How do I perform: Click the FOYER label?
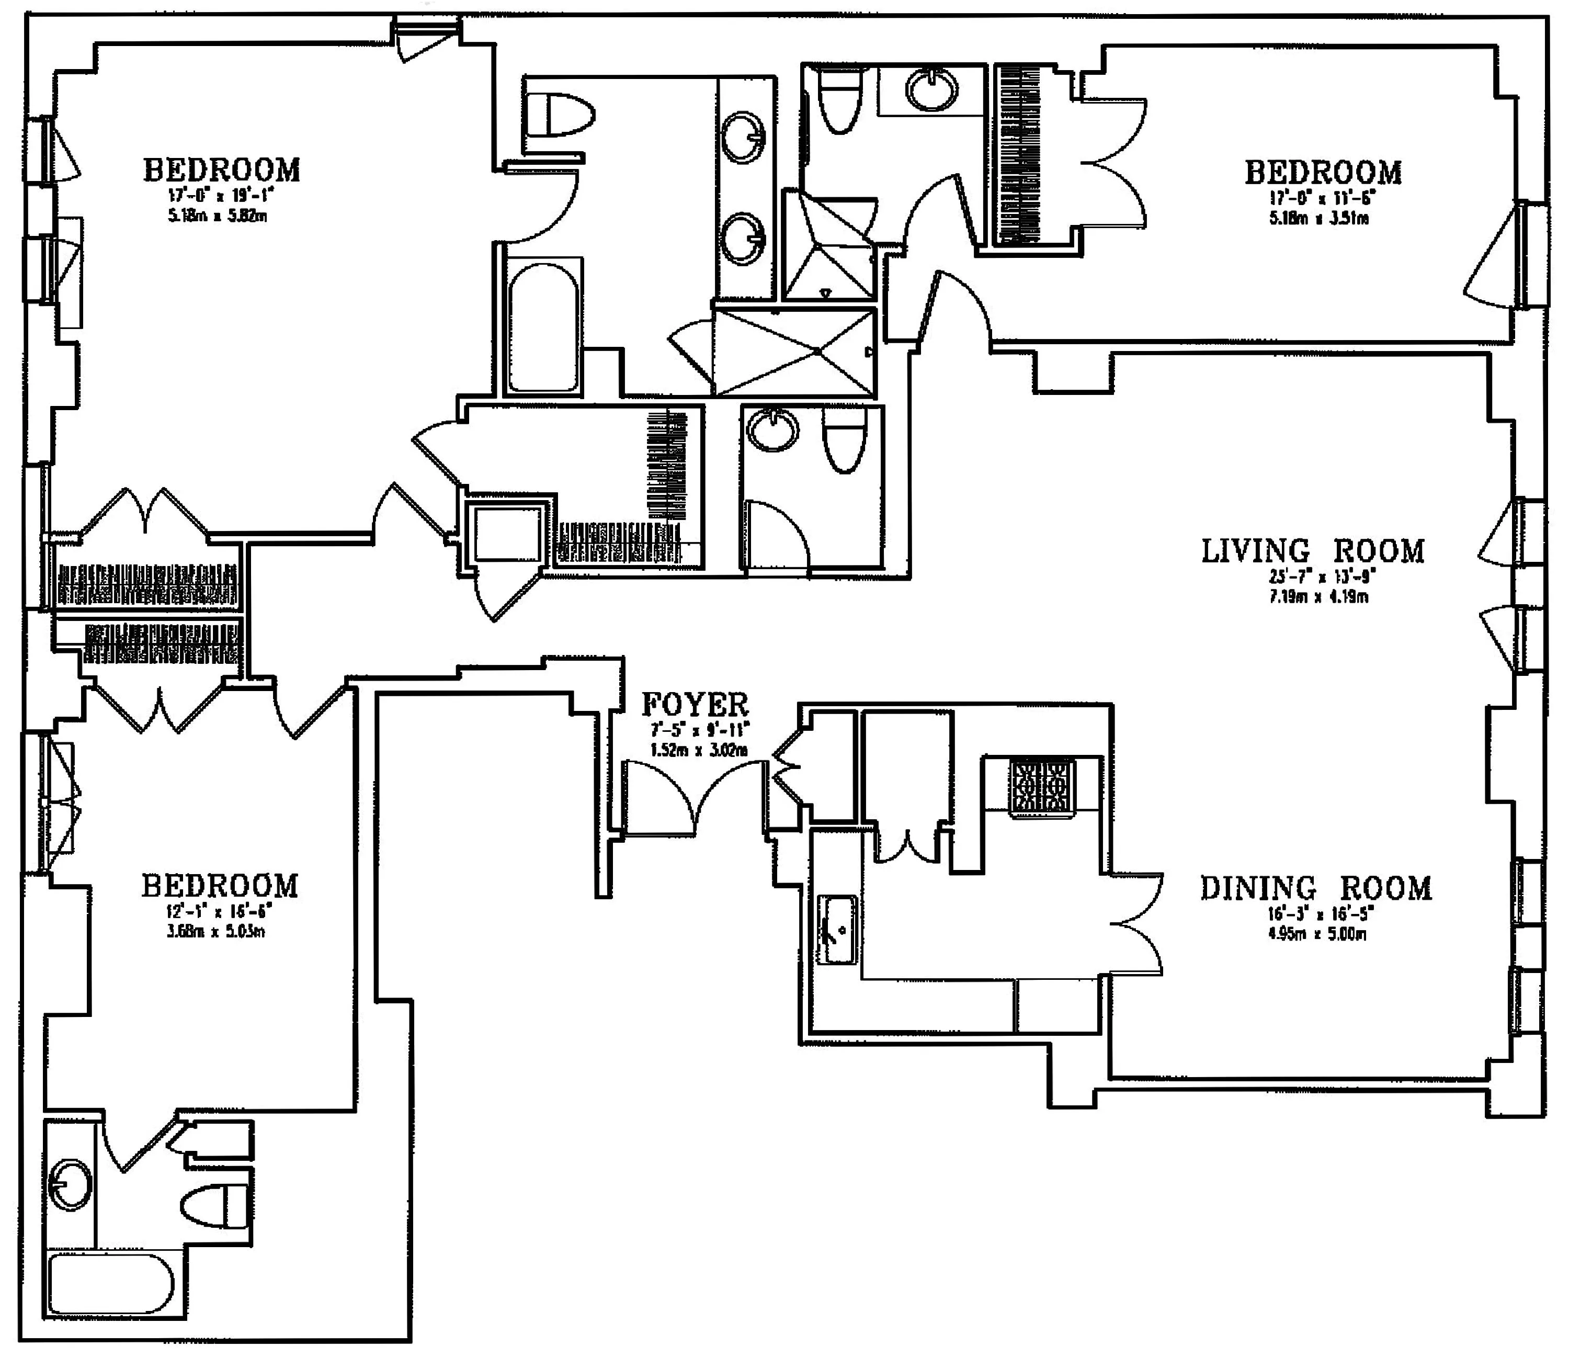click(695, 705)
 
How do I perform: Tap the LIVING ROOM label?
click(1312, 551)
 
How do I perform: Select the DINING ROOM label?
click(1315, 888)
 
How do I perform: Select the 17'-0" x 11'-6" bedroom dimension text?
click(1322, 198)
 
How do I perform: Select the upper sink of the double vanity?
click(744, 137)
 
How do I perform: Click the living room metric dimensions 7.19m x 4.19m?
click(1318, 597)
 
